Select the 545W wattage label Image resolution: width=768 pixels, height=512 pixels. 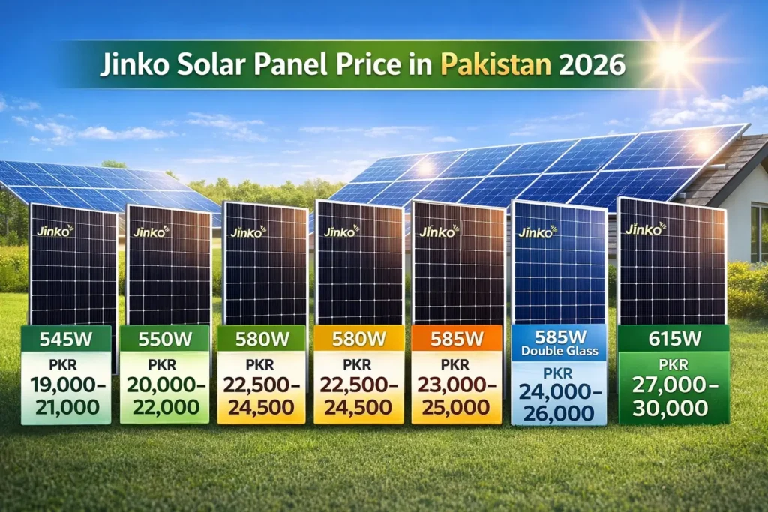pyautogui.click(x=66, y=339)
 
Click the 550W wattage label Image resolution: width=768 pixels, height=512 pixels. pyautogui.click(x=165, y=339)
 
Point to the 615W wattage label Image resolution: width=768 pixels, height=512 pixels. pyautogui.click(x=673, y=338)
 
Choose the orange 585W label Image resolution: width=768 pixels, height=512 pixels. pyautogui.click(x=456, y=339)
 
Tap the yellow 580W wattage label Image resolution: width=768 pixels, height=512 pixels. pyautogui.click(x=359, y=339)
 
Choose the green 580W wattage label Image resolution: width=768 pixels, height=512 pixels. pyautogui.click(x=262, y=339)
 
